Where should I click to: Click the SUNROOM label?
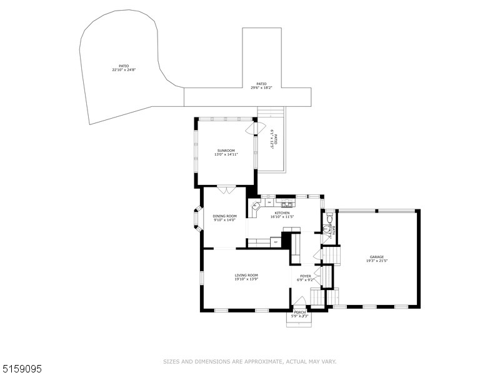[226, 151]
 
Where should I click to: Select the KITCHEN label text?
[281, 213]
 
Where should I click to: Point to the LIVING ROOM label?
[246, 275]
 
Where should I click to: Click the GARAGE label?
[376, 257]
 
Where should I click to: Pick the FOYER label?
[305, 276]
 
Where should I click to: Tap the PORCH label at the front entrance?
[300, 312]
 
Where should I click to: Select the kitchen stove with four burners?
[287, 204]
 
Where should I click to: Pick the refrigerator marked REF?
[275, 241]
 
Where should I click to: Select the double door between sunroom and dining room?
[226, 188]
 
